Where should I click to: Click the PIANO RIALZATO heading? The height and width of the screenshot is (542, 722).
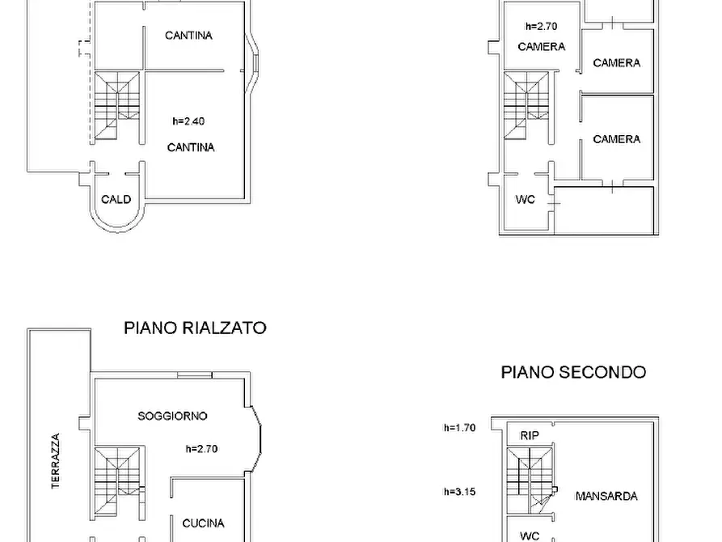[195, 328]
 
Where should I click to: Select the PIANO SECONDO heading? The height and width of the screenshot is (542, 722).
[573, 372]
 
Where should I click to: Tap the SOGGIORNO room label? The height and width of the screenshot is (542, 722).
[172, 416]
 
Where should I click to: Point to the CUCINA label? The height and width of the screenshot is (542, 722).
[203, 523]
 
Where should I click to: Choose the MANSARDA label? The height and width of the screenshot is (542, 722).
[606, 496]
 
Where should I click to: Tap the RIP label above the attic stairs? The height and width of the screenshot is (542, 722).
[530, 435]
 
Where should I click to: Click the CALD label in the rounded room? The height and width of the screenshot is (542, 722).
[116, 200]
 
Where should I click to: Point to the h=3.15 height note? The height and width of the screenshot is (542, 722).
[459, 491]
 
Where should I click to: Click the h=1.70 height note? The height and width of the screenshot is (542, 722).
[459, 428]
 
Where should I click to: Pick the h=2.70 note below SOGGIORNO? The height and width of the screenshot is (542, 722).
[202, 448]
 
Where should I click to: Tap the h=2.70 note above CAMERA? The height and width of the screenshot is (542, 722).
[541, 26]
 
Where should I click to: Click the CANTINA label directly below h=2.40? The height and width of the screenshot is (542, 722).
[191, 147]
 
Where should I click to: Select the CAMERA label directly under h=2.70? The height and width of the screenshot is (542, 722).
[541, 47]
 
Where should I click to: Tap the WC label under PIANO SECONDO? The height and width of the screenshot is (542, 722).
[530, 536]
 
